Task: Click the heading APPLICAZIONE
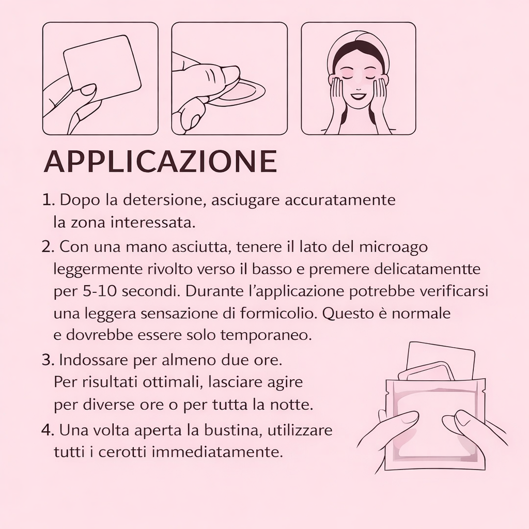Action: [161, 161]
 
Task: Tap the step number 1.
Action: [48, 200]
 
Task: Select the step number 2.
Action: [48, 247]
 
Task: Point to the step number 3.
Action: [48, 360]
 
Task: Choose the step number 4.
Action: [48, 430]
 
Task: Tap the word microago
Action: [393, 247]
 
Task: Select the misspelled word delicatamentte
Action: [395, 269]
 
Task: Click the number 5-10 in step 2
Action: [98, 291]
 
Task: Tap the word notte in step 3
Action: [291, 405]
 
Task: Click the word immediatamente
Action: [217, 453]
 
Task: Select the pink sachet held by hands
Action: [435, 425]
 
